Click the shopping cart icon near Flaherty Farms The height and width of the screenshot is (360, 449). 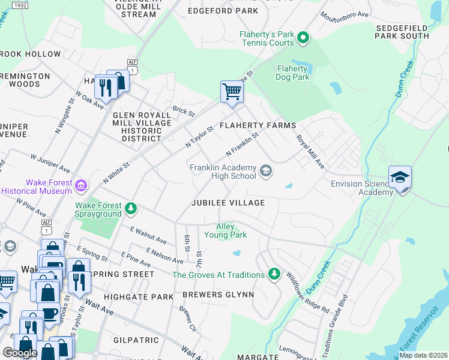(x=232, y=92)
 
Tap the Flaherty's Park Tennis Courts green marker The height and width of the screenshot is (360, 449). (x=303, y=39)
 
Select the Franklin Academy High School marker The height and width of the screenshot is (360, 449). (x=265, y=172)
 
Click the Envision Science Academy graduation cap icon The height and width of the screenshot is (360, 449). (x=400, y=177)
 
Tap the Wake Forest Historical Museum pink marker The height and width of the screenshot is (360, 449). (x=80, y=186)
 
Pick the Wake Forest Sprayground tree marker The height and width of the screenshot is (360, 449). (x=131, y=209)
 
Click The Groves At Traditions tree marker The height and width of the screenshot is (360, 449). (x=274, y=274)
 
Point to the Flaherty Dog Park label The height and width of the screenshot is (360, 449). (x=292, y=73)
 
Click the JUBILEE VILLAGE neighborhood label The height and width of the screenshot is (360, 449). (x=228, y=203)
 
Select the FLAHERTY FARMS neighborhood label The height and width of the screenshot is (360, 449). (x=258, y=125)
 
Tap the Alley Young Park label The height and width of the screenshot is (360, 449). (x=231, y=230)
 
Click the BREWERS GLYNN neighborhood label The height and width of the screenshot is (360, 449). (x=218, y=295)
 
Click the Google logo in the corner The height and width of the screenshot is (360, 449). (x=20, y=352)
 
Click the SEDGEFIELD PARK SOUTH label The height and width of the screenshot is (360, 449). (x=402, y=32)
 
